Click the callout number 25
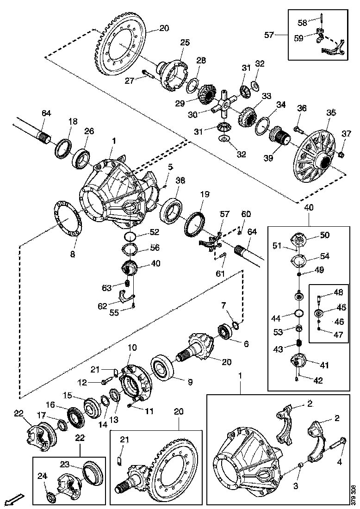point(185,43)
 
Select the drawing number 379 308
point(354,492)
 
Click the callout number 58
point(302,22)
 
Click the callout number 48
point(339,292)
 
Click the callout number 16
point(50,404)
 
